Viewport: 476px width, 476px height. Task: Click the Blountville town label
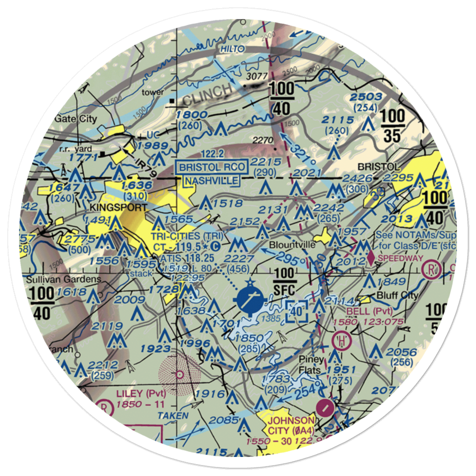pos(292,245)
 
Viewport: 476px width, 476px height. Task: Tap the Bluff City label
pos(397,295)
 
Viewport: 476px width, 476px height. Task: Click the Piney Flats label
pos(311,365)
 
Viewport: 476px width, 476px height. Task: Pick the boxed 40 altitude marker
pos(297,311)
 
